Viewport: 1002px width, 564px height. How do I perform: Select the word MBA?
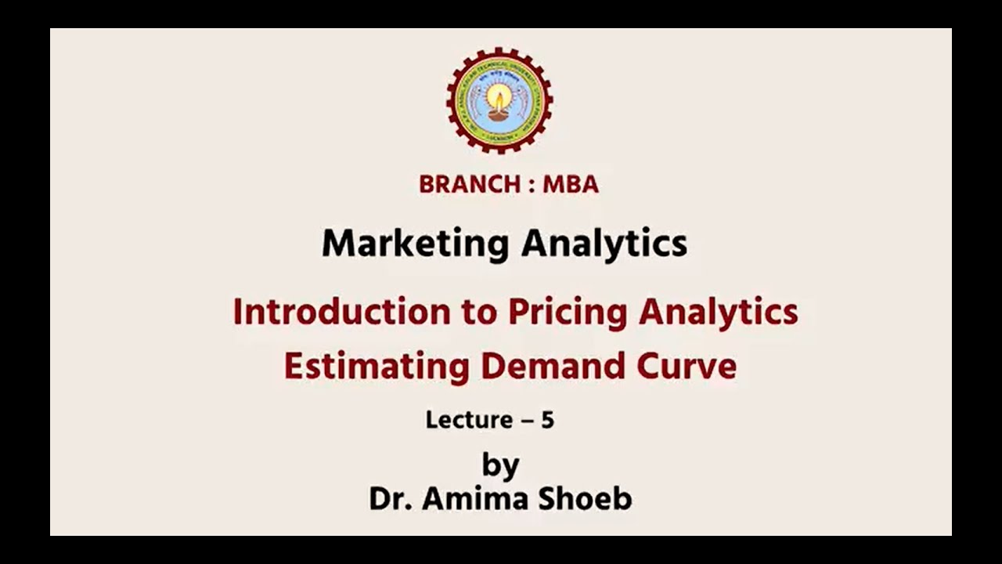[x=570, y=185]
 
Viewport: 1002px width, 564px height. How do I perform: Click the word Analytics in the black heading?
[x=604, y=244]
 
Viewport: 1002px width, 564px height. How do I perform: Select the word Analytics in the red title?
[x=718, y=312]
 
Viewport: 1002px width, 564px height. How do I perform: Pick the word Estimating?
[x=376, y=366]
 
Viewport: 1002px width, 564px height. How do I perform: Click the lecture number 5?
[x=547, y=420]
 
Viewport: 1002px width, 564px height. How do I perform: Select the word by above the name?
[x=500, y=465]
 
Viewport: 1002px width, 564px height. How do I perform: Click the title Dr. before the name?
[x=391, y=499]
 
